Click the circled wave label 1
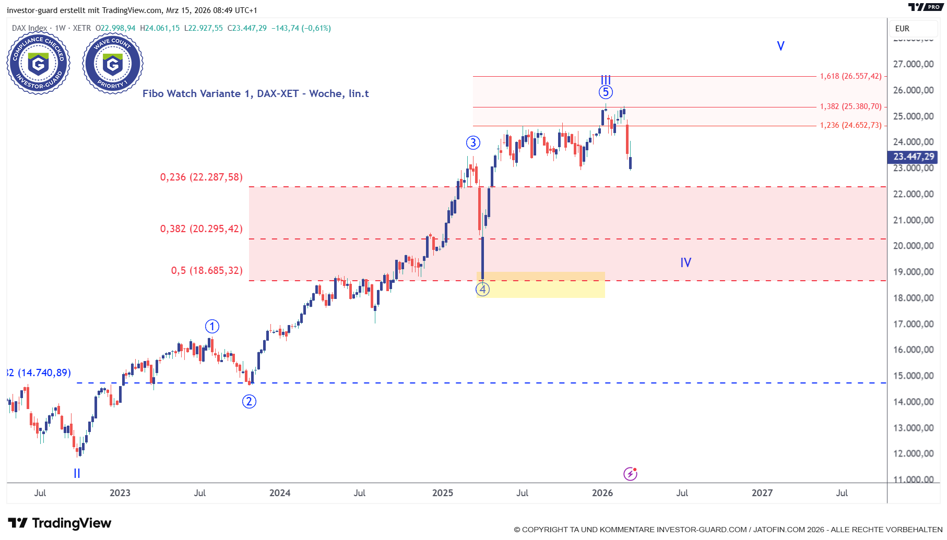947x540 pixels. (x=212, y=327)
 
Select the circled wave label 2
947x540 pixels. (x=249, y=401)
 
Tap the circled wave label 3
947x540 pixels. (x=473, y=142)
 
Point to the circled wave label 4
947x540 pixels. (x=482, y=289)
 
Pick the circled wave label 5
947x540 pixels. (x=606, y=92)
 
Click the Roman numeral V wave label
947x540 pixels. (x=780, y=46)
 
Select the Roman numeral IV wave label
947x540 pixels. (x=685, y=262)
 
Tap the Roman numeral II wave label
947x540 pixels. (x=77, y=473)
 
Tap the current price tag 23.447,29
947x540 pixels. (x=913, y=157)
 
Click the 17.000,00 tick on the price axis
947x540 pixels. (x=913, y=324)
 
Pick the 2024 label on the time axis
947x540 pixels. (x=280, y=493)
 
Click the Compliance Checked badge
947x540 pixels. (x=38, y=64)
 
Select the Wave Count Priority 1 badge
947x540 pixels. (x=113, y=64)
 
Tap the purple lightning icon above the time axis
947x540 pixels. (x=630, y=474)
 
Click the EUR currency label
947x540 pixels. (x=902, y=29)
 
